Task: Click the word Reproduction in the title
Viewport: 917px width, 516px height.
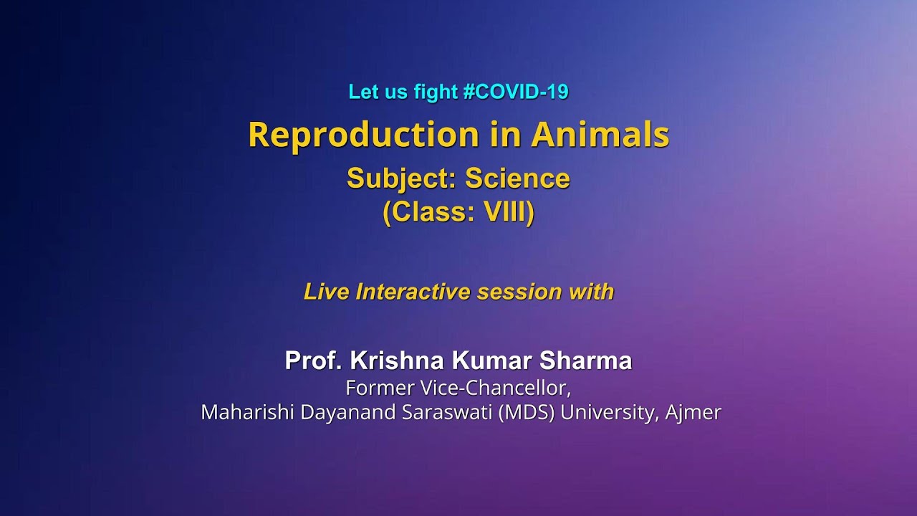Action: tap(363, 135)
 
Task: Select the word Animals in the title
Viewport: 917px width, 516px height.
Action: tap(600, 135)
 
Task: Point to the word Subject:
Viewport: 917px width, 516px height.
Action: tap(401, 178)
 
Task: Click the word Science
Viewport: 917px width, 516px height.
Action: tap(517, 178)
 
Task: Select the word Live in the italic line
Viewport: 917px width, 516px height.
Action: tap(327, 292)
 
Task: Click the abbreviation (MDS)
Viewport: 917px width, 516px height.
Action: tap(527, 413)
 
